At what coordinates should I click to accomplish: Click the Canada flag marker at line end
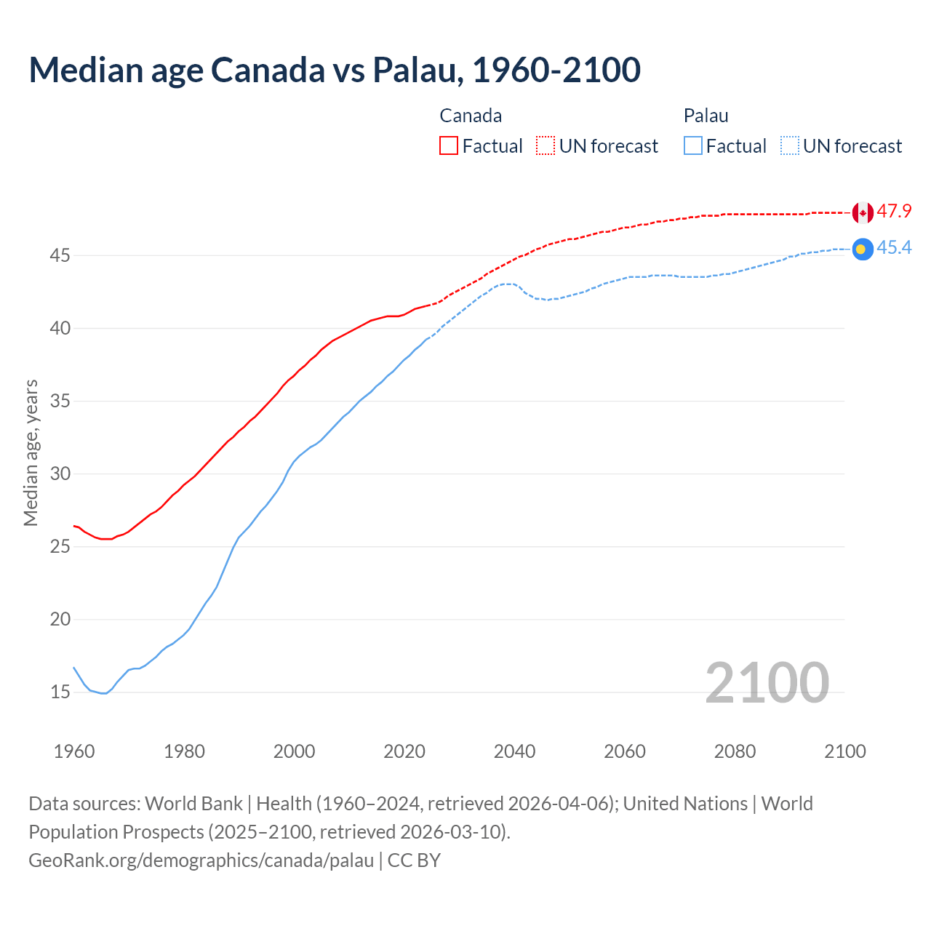coord(863,213)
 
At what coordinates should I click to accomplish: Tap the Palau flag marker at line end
coord(863,249)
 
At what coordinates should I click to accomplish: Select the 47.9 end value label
coord(894,212)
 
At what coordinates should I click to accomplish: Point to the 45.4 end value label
coord(894,248)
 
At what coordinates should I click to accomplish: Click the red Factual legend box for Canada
coord(449,145)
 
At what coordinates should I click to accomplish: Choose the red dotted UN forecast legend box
coord(546,145)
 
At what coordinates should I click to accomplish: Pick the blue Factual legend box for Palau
coord(693,145)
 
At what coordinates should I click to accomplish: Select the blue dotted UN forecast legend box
coord(790,145)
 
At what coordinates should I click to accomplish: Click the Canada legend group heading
coord(471,116)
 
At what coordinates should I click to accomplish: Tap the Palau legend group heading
coord(706,116)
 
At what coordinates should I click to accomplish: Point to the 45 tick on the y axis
coord(60,256)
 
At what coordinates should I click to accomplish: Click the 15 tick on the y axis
coord(60,692)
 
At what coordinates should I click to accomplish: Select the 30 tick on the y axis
coord(60,474)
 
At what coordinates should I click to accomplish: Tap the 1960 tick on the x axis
coord(74,751)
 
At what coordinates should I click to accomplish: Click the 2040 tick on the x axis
coord(514,751)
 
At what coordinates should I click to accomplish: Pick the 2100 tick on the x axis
coord(844,751)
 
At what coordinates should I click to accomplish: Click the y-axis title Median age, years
coord(31,452)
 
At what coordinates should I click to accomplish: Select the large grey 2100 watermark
coord(767,682)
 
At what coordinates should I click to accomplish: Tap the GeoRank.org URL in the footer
coord(201,860)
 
